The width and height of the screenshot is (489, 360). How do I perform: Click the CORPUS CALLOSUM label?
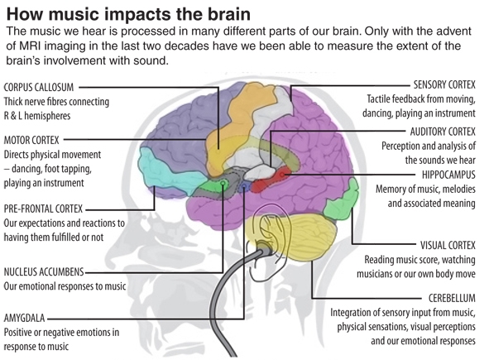point(39,87)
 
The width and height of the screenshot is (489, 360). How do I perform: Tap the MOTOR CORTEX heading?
point(31,140)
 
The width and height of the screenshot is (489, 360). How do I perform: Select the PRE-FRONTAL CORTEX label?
point(43,209)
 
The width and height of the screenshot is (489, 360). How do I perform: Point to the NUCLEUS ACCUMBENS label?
point(44,272)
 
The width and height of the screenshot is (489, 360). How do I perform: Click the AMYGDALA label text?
point(24,318)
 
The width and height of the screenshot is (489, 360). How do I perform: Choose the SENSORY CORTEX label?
point(444,84)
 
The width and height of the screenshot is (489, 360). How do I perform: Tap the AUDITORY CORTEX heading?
point(443,132)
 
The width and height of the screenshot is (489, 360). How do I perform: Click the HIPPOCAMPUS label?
point(448,175)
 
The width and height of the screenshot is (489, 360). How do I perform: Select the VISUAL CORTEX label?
point(448,245)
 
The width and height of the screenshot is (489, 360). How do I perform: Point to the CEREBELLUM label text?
point(452,298)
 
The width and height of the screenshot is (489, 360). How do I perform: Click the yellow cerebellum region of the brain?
point(300,237)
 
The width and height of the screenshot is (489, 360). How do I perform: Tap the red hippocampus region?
point(271,180)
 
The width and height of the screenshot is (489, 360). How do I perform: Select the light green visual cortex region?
point(343,199)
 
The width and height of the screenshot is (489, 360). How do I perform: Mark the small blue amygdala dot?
point(244,186)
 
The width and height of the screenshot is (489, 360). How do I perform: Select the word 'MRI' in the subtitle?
point(31,46)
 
